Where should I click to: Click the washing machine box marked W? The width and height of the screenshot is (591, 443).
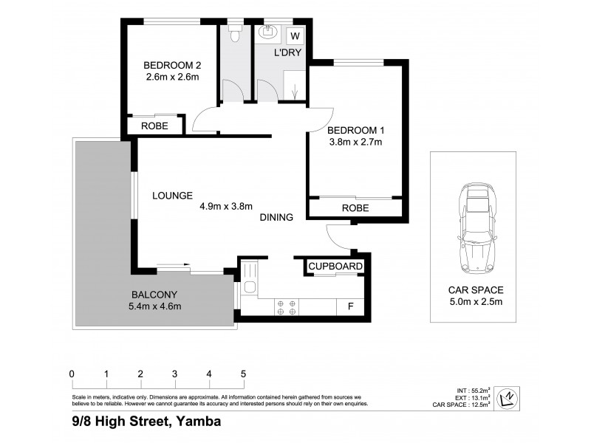[x=295, y=36]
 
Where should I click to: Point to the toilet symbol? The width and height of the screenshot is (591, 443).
[x=235, y=34]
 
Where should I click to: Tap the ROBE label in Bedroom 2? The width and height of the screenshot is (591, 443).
[x=154, y=126]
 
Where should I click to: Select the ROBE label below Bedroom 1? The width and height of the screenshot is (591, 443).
[x=355, y=208]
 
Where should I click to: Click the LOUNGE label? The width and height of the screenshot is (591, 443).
[x=172, y=196]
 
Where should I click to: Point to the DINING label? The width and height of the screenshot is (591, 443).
[x=276, y=217]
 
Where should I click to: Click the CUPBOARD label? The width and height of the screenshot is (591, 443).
[x=335, y=267]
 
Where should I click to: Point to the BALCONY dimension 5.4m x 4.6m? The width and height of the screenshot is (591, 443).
[x=155, y=306]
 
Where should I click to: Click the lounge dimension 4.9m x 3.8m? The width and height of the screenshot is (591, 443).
[x=226, y=207]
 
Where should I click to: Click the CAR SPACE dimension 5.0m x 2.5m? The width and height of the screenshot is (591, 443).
[x=476, y=301]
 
